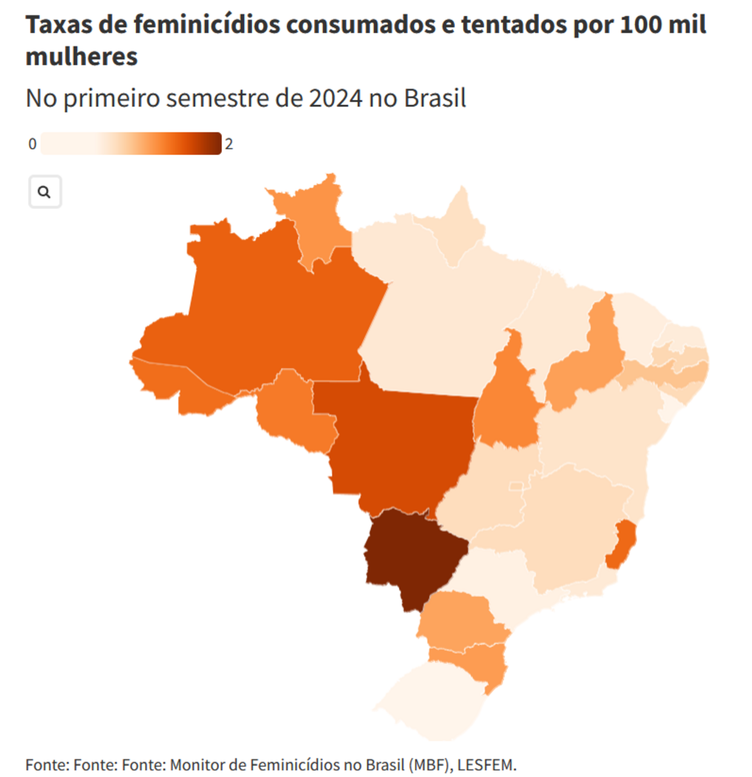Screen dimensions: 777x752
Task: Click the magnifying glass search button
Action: (45, 192)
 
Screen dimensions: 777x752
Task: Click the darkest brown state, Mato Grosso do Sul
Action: (412, 555)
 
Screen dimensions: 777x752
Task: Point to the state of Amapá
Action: (460, 230)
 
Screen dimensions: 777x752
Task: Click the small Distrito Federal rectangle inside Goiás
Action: (516, 486)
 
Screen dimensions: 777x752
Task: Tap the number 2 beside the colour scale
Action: (229, 144)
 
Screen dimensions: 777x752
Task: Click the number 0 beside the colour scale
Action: (32, 144)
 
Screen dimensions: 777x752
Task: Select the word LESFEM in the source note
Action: (486, 765)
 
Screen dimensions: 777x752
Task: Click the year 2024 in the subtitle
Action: (335, 98)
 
